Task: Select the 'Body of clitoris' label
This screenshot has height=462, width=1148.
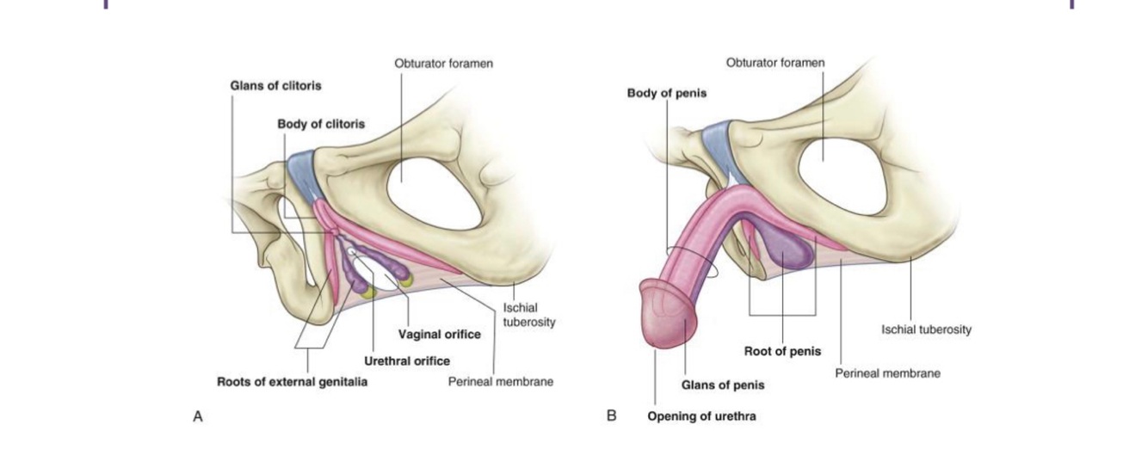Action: [x=320, y=125]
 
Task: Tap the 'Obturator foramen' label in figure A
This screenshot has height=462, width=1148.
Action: [x=443, y=64]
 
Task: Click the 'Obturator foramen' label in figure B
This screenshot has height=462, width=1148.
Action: [x=775, y=63]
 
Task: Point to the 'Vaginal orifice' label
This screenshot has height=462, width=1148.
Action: [x=439, y=334]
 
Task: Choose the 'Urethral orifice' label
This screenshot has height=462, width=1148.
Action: [x=407, y=360]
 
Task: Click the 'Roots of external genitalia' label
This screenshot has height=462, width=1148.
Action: [x=292, y=382]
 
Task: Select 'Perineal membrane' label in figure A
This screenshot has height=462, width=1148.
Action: [x=500, y=381]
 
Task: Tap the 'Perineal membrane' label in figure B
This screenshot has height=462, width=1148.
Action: [x=887, y=373]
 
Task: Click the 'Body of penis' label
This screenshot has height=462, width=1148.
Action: [x=666, y=93]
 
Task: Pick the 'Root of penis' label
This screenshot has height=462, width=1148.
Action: [x=782, y=351]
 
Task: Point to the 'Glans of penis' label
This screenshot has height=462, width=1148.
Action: [x=723, y=385]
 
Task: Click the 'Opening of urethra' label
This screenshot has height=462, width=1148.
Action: [x=701, y=417]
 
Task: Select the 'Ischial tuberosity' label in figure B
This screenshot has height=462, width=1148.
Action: [x=926, y=330]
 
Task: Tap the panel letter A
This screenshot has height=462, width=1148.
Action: [x=197, y=416]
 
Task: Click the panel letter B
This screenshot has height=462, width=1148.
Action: [x=612, y=416]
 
